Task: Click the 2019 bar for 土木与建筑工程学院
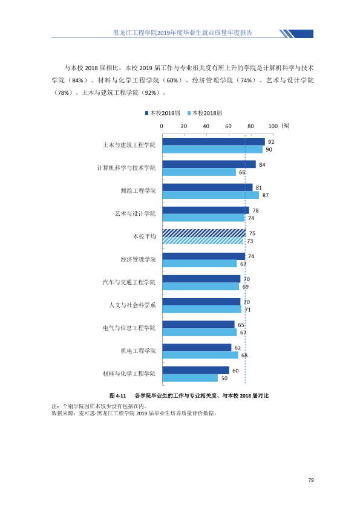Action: point(214,141)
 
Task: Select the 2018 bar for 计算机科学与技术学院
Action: point(199,172)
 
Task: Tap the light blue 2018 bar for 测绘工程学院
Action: point(211,195)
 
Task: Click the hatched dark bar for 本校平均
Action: point(204,233)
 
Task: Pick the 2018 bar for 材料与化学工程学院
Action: point(190,378)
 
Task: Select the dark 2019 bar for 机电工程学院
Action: point(197,348)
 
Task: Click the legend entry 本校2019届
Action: point(163,113)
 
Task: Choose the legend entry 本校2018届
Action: point(205,113)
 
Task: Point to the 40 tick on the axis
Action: point(206,126)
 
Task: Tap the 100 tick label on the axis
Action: point(273,126)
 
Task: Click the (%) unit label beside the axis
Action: point(286,126)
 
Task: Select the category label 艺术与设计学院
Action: point(135,213)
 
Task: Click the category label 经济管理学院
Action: point(138,259)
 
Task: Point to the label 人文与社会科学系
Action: point(133,305)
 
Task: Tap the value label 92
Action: point(271,142)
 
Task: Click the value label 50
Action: point(224,378)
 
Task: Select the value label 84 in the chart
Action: point(262,165)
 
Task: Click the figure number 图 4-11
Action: point(117,396)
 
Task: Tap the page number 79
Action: point(311,480)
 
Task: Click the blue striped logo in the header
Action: point(296,34)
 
